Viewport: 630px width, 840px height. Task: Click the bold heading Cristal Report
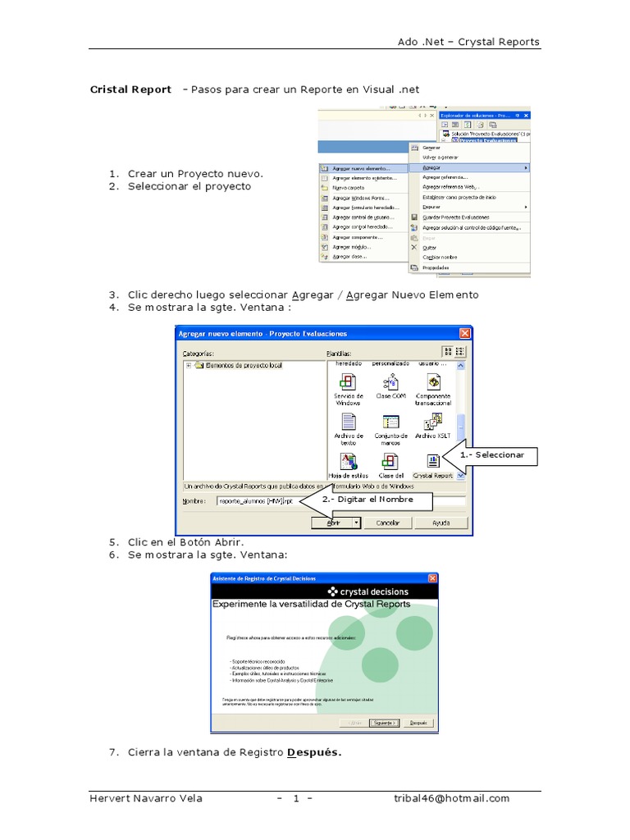130,89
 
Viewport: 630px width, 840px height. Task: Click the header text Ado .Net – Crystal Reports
468,42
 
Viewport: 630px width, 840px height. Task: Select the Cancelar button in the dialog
387,523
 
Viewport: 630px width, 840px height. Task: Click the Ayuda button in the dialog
441,523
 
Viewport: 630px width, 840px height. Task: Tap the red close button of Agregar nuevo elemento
465,333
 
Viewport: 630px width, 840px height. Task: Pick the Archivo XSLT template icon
433,422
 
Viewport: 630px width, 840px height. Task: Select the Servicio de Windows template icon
348,381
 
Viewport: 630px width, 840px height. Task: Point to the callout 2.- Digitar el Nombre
367,499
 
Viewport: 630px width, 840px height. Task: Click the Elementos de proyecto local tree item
244,366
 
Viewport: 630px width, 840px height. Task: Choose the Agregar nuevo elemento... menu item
362,168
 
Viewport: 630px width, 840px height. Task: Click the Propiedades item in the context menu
436,267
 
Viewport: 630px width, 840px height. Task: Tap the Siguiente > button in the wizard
384,723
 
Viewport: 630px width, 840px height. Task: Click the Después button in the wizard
418,723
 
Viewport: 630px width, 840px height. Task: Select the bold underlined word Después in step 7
314,752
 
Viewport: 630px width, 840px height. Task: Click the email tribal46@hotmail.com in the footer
451,798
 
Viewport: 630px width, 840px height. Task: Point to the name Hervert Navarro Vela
146,798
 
